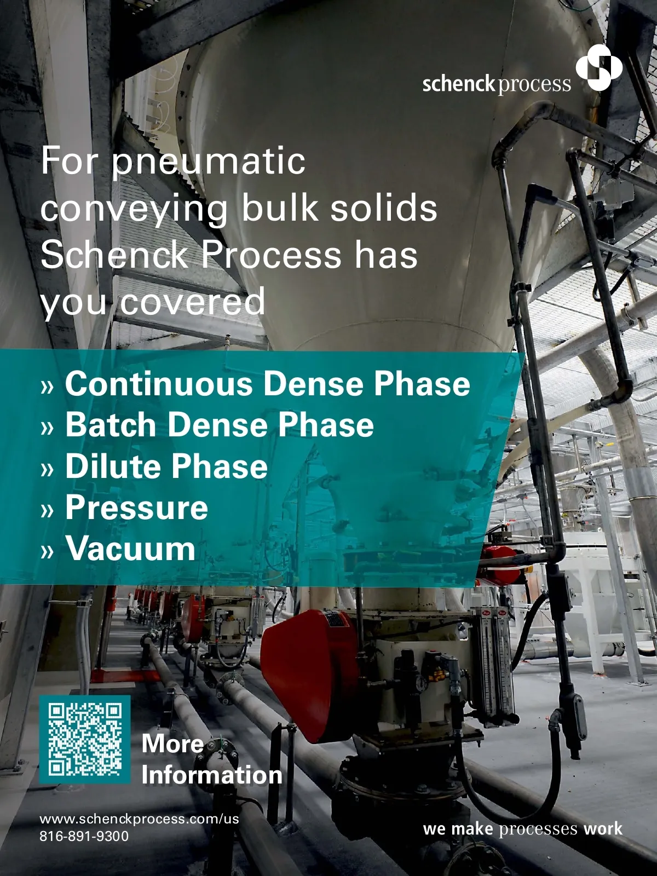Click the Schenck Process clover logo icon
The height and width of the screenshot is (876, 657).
point(599,67)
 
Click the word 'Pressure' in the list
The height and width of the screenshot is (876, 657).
point(136,507)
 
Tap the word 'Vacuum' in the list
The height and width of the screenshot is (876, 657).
point(130,549)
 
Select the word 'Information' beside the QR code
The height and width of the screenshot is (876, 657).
point(212,775)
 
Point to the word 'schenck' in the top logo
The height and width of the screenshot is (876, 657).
point(459,84)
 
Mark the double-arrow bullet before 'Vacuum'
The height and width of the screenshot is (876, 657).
point(47,551)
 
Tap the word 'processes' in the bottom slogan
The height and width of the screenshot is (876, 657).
point(538,829)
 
